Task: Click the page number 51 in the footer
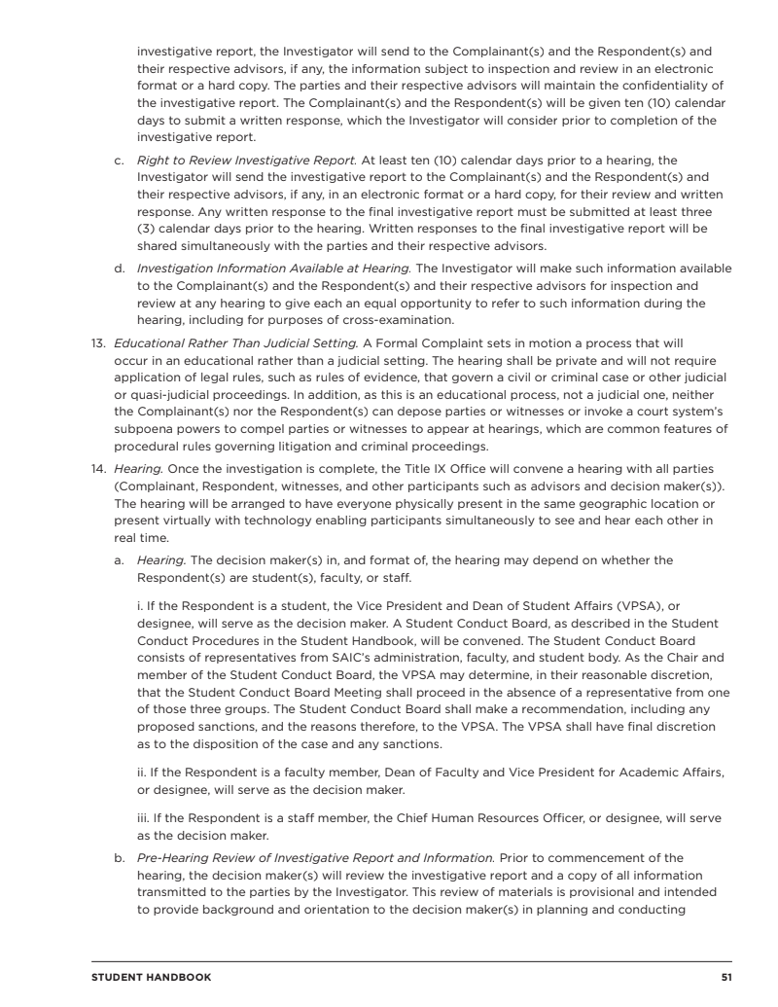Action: click(x=725, y=976)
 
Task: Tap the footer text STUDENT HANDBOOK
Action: click(x=151, y=976)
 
